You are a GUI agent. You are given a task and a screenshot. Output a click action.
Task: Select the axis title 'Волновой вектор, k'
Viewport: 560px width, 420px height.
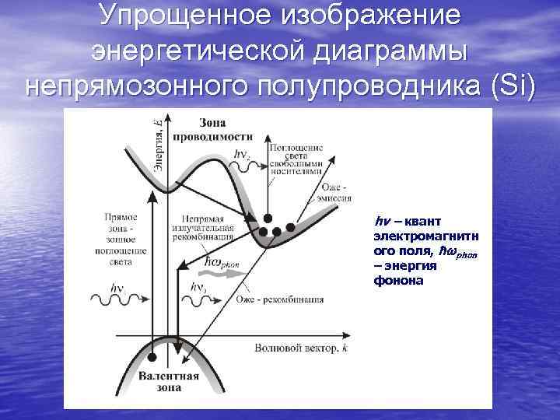point(299,348)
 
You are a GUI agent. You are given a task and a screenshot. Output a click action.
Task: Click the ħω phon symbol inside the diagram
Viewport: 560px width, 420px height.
point(222,261)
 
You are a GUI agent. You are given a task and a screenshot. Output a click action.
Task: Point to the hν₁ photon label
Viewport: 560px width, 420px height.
point(117,289)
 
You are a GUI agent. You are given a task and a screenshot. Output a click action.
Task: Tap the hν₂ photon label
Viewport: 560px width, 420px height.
point(241,154)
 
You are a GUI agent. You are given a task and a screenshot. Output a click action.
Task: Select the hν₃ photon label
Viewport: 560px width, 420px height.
point(199,288)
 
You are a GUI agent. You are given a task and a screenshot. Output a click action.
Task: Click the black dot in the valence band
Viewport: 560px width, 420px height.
point(153,356)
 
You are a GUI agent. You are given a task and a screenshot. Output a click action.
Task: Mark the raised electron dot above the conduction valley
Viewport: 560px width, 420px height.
point(268,219)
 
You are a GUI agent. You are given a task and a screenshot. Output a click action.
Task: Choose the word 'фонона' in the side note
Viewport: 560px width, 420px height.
point(398,279)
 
